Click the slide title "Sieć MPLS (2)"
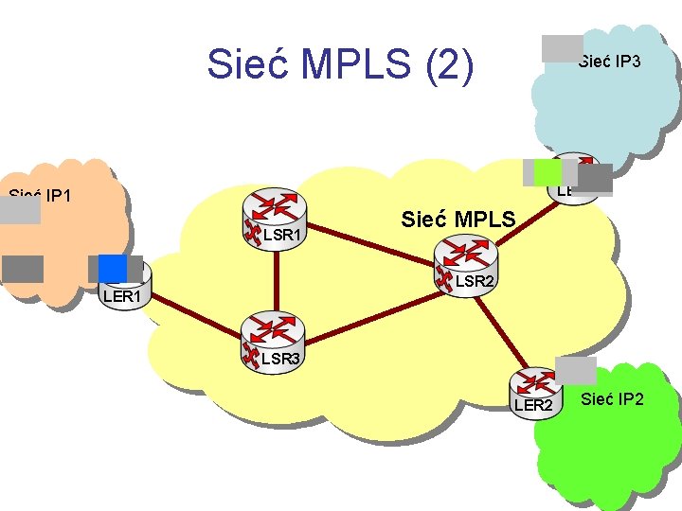pyautogui.click(x=340, y=64)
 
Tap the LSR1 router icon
pyautogui.click(x=276, y=210)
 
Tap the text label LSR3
pyautogui.click(x=280, y=359)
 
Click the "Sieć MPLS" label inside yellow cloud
pyautogui.click(x=458, y=220)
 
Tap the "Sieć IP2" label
pyautogui.click(x=612, y=398)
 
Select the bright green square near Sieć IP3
pyautogui.click(x=547, y=172)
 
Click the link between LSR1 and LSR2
pyautogui.click(x=369, y=234)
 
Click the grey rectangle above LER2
pyautogui.click(x=576, y=370)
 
